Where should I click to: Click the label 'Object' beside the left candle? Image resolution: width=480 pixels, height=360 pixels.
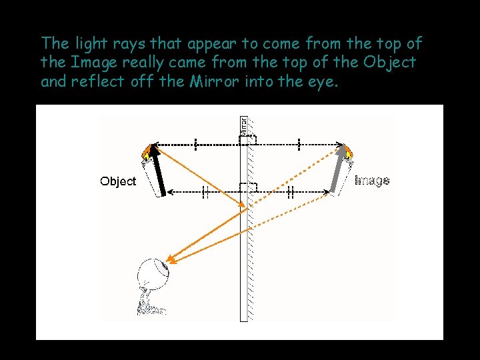pyautogui.click(x=118, y=181)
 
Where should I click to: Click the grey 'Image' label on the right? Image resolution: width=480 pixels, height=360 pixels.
pyautogui.click(x=372, y=180)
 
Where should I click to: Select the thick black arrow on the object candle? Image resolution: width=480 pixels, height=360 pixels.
pyautogui.click(x=157, y=171)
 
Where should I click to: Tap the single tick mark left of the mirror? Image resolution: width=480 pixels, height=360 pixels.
pyautogui.click(x=195, y=143)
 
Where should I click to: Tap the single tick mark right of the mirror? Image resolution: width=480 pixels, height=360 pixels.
pyautogui.click(x=299, y=143)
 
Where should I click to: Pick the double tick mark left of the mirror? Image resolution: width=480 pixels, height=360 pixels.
pyautogui.click(x=206, y=192)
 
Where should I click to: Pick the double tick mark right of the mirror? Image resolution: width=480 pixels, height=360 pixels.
pyautogui.click(x=291, y=192)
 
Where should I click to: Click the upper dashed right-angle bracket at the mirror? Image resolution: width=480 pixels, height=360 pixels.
pyautogui.click(x=248, y=140)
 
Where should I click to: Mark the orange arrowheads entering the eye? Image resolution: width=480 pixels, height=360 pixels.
pyautogui.click(x=171, y=259)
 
